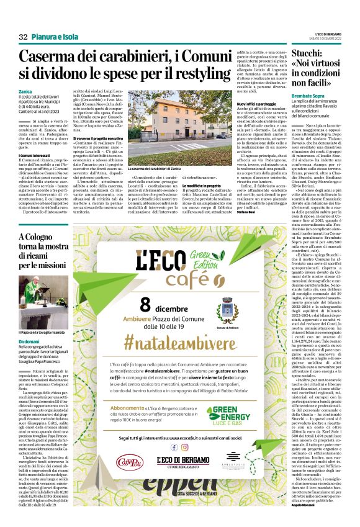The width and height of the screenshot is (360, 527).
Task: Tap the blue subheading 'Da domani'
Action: [x=29, y=342]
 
